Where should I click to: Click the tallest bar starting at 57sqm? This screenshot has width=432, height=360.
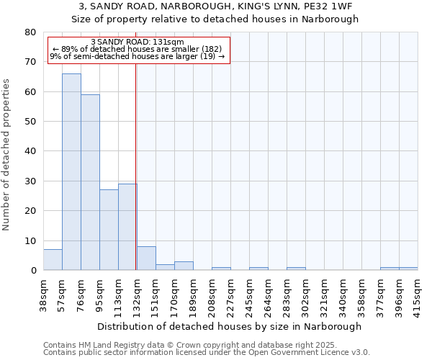pyautogui.click(x=71, y=172)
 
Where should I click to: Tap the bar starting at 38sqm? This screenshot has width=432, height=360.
pyautogui.click(x=53, y=260)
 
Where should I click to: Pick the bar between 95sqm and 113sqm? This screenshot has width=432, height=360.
pyautogui.click(x=109, y=230)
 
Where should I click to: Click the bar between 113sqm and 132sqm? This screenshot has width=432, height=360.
pyautogui.click(x=127, y=227)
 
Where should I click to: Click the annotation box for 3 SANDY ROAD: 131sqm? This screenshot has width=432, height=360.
pyautogui.click(x=138, y=50)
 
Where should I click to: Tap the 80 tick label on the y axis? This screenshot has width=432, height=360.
pyautogui.click(x=30, y=32)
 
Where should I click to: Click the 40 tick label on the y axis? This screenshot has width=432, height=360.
pyautogui.click(x=30, y=151)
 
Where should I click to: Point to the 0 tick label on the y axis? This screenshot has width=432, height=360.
pyautogui.click(x=32, y=271)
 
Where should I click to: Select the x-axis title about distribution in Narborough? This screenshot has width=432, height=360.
pyautogui.click(x=230, y=326)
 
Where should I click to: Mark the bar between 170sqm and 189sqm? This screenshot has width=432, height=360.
pyautogui.click(x=184, y=266)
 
